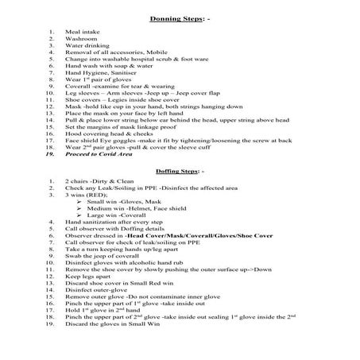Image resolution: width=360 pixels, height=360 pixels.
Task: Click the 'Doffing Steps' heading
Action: coord(178,171)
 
